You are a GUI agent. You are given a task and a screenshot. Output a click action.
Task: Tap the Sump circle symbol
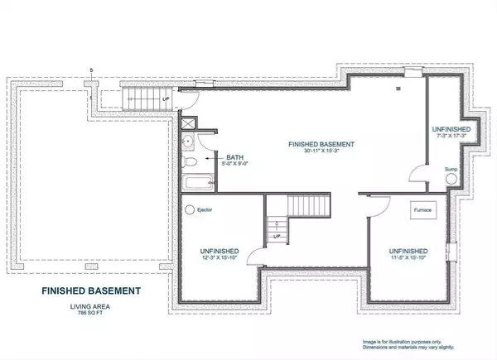(x=451, y=178)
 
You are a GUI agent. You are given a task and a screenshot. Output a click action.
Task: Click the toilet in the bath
(x=189, y=161)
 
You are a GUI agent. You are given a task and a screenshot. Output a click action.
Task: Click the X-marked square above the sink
(x=188, y=126)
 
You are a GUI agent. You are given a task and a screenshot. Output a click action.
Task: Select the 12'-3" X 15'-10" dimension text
(x=220, y=258)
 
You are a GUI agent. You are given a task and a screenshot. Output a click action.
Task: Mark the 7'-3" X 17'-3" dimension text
(x=451, y=138)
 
